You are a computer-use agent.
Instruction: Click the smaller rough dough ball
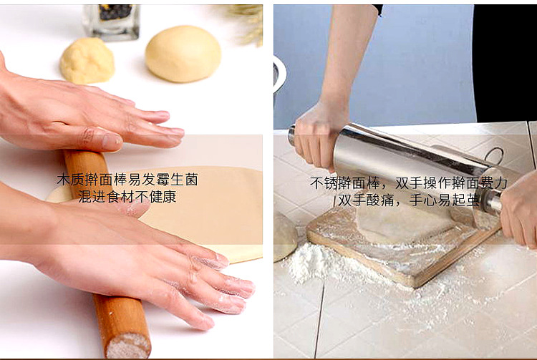(87, 60)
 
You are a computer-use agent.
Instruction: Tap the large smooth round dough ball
(183, 54)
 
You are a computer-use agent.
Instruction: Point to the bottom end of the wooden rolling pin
(127, 345)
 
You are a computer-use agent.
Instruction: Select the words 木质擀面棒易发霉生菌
(127, 180)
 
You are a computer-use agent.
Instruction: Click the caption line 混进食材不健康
(127, 197)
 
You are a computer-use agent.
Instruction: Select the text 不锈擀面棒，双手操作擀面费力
(409, 183)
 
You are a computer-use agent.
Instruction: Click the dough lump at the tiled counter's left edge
(284, 237)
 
